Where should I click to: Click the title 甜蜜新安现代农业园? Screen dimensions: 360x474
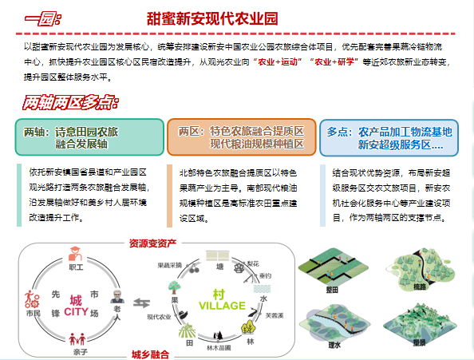click(x=213, y=18)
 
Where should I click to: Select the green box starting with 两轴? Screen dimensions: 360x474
click(x=88, y=137)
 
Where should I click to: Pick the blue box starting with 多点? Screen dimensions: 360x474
click(x=389, y=137)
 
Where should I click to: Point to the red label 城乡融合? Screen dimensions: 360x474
click(x=152, y=352)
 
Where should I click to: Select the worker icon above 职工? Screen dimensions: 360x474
click(x=76, y=255)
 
